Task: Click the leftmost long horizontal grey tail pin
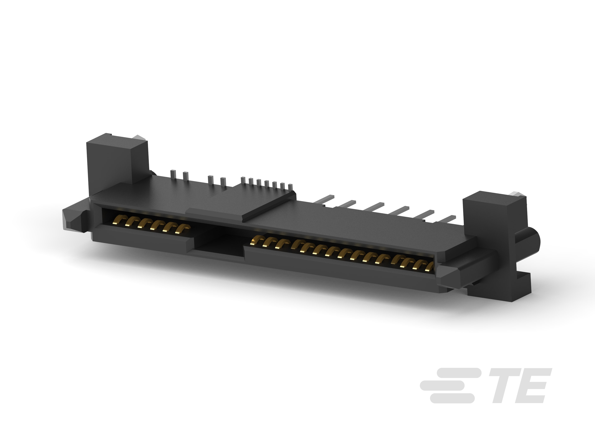(324, 199)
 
